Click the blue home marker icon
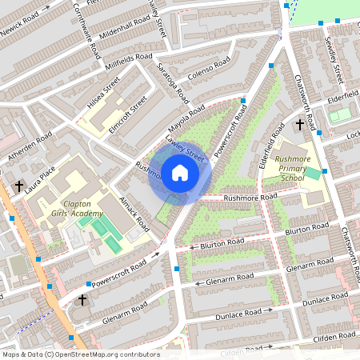[179, 172]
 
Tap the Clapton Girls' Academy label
[72, 209]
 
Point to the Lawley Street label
[186, 148]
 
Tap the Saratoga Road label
[172, 82]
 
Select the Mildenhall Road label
[120, 26]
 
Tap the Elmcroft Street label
[128, 114]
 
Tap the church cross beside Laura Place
[18, 186]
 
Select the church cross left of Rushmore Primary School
[299, 125]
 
